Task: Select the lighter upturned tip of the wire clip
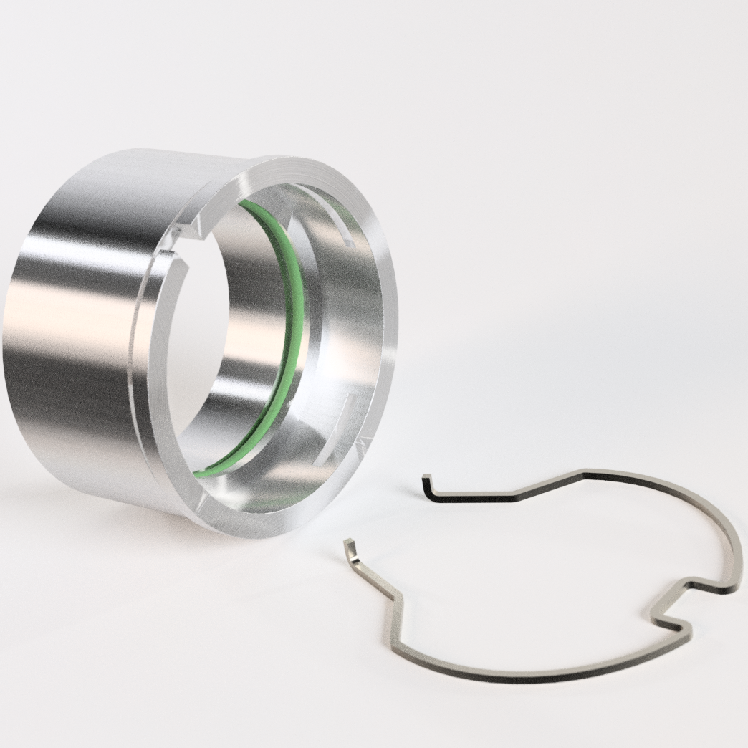click(349, 549)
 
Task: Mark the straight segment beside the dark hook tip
click(473, 496)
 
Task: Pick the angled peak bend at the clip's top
click(584, 472)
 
